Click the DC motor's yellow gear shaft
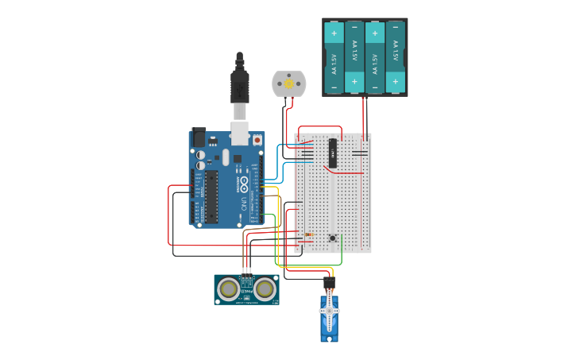[x=288, y=83]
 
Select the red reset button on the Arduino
[x=257, y=140]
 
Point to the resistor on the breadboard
[x=308, y=235]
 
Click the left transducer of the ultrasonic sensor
[x=229, y=289]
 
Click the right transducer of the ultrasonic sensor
[x=265, y=289]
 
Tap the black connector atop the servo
[x=329, y=282]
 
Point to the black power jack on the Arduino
[x=198, y=137]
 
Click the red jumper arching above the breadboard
[x=320, y=127]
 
